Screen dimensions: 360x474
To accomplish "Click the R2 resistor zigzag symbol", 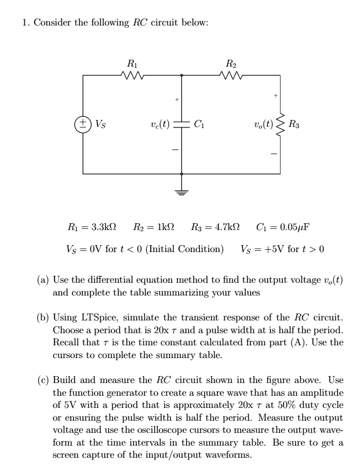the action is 231,75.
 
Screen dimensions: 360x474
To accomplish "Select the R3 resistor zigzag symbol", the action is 280,124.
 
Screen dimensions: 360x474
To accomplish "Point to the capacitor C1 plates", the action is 181,124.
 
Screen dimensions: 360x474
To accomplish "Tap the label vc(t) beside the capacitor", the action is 160,124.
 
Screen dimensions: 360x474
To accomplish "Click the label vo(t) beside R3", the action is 264,124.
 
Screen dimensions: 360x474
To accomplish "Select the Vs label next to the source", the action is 101,124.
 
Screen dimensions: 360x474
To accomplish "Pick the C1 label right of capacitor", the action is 199,124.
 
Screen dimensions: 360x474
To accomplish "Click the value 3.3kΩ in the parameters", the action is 103,227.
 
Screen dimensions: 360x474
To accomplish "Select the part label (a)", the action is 43,280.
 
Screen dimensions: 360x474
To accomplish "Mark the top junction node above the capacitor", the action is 181,75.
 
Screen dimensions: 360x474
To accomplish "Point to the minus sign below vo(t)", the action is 274,154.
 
